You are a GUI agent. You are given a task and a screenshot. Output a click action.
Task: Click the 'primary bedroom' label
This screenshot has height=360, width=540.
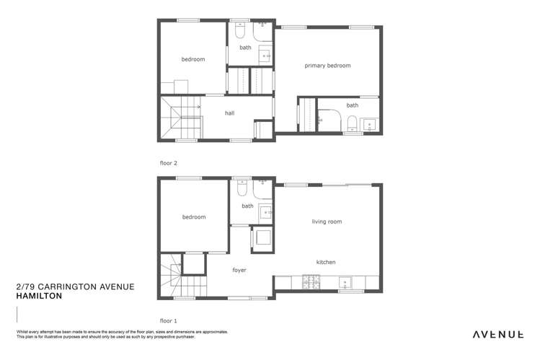[327, 66]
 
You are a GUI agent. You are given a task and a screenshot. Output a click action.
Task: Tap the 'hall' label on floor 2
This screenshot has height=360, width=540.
[229, 113]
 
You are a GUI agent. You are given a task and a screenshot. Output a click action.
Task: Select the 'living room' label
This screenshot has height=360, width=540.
[327, 221]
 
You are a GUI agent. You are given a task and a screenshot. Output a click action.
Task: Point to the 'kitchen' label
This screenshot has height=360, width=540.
[326, 262]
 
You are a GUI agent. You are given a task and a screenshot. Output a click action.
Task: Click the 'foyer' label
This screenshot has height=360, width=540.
[239, 271]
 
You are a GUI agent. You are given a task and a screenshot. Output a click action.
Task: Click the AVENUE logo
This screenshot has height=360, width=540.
[497, 334]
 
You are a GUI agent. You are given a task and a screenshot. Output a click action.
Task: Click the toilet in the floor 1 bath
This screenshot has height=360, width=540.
[242, 190]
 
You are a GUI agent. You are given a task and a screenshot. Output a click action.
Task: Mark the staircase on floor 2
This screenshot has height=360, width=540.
[178, 119]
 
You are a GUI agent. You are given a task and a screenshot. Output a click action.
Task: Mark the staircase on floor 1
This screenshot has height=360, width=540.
[173, 276]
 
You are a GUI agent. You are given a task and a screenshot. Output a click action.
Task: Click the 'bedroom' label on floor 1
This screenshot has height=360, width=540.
[193, 217]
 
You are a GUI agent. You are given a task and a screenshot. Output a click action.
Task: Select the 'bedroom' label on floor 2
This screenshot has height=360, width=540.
[193, 60]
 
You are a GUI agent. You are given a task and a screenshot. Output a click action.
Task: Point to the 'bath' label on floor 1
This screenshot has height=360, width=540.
[247, 206]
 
